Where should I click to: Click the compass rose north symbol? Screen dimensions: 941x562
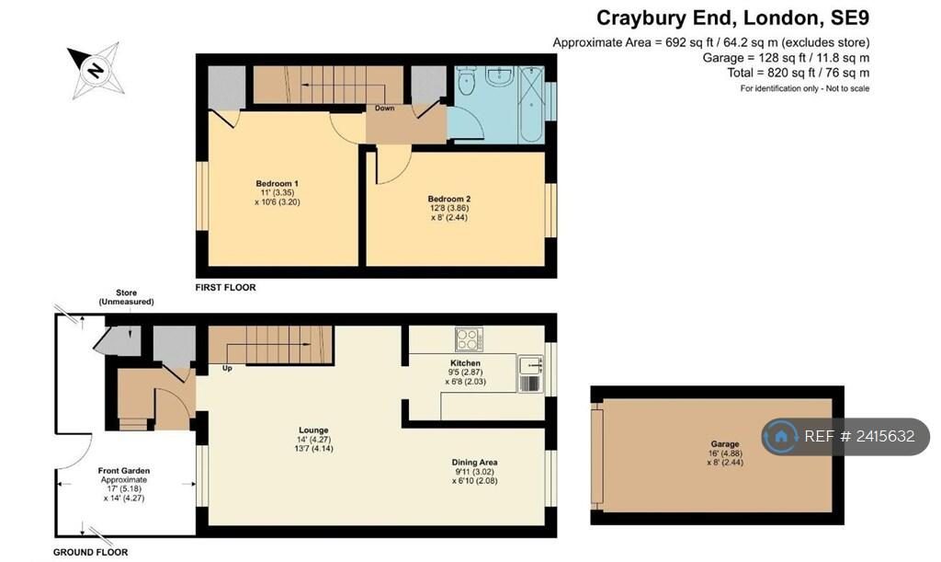[x=96, y=70]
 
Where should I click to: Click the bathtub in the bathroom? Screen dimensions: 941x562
[x=532, y=105]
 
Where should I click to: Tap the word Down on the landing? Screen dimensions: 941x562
[x=385, y=109]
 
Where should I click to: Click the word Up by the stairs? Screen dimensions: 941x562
[x=227, y=368]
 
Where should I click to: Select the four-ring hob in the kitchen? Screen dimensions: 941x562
[x=469, y=339]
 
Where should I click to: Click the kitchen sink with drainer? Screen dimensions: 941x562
[x=530, y=373]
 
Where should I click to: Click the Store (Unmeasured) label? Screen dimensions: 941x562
[x=126, y=297]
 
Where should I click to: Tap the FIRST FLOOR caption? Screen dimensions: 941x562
[x=226, y=288]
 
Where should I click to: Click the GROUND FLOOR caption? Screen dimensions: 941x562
[x=91, y=553]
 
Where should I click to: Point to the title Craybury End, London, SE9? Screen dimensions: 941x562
[x=732, y=18]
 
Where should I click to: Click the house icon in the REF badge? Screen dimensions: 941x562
[x=781, y=437]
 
